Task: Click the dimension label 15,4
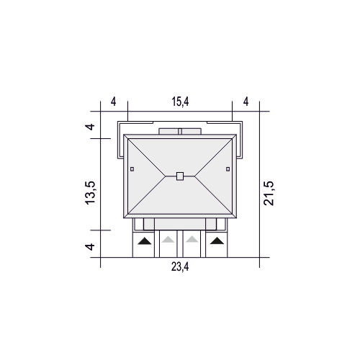coord(180,102)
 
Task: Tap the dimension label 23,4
coord(180,266)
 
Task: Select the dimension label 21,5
coord(269,193)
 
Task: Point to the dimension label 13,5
coord(90,193)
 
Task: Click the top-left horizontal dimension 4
coord(114,102)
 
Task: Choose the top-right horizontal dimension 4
coord(246,102)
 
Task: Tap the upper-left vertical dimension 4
coord(91,127)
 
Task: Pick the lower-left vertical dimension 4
coord(91,246)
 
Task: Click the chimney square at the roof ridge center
coord(180,176)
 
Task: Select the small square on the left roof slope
coord(132,169)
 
